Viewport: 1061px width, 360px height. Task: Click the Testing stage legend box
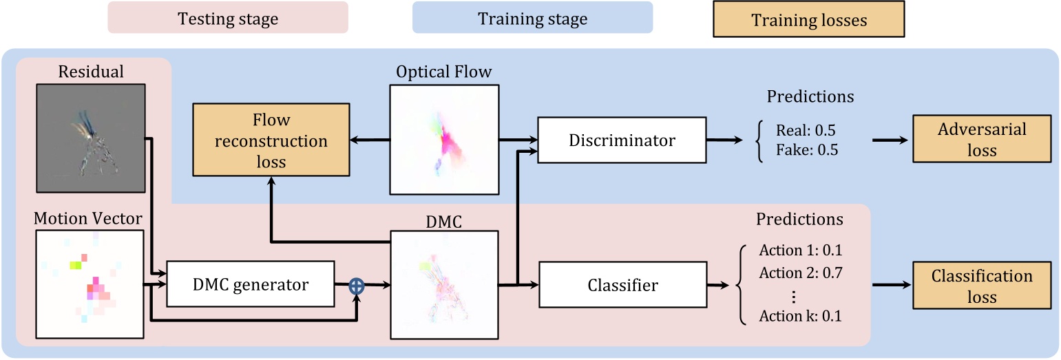click(228, 18)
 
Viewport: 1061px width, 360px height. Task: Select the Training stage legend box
click(532, 18)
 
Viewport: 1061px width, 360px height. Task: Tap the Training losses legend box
click(808, 20)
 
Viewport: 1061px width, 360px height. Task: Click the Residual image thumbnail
click(91, 138)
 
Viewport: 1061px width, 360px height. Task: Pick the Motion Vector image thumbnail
click(90, 284)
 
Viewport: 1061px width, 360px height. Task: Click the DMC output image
click(444, 284)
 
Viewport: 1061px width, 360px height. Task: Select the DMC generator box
click(250, 284)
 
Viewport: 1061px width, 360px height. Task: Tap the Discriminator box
click(622, 140)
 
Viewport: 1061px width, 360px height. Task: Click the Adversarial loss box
click(982, 139)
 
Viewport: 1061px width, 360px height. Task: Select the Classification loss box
click(982, 286)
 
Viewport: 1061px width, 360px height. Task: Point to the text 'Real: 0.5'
click(806, 130)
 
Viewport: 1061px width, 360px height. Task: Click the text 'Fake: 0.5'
click(806, 149)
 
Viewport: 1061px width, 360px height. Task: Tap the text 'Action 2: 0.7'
click(801, 273)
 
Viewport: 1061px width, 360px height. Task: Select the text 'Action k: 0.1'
click(801, 317)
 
